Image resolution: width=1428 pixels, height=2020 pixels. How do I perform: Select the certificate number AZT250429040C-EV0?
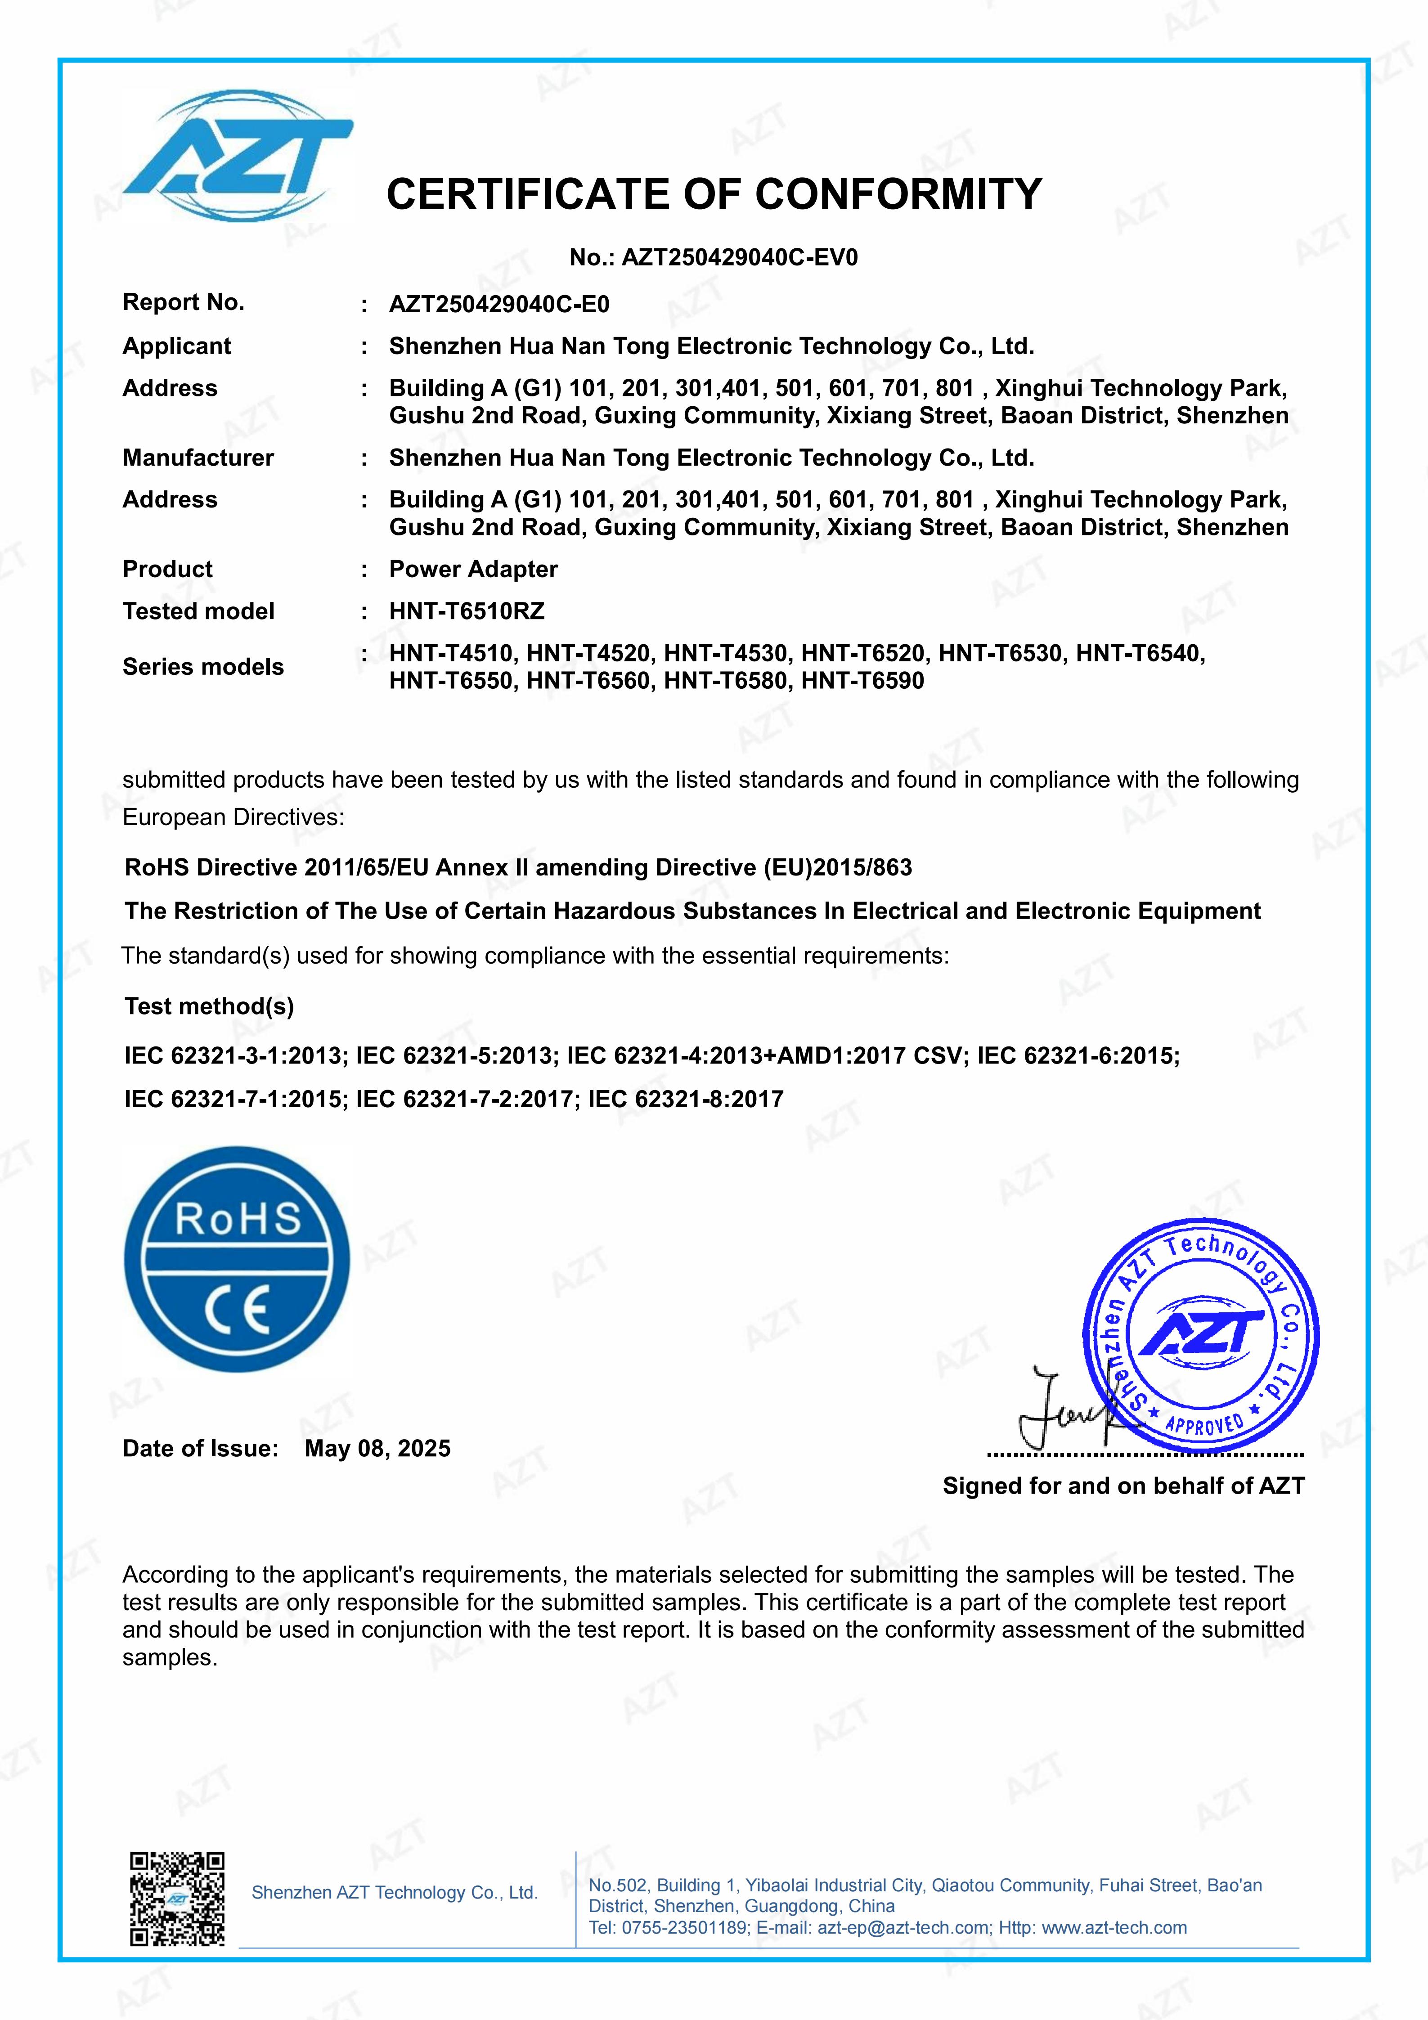pos(739,258)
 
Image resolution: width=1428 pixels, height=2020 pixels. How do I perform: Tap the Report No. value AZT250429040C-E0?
pos(499,305)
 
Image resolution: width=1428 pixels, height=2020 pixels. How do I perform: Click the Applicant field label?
pos(177,346)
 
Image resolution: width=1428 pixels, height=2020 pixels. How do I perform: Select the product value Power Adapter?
pos(473,569)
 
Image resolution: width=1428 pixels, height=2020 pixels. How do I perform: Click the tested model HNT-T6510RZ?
pos(466,611)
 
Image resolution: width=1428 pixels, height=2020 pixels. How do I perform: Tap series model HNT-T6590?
pos(862,681)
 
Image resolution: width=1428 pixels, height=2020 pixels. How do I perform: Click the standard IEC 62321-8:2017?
pos(685,1100)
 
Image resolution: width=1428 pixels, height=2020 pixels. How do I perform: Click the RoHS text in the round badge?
pos(238,1219)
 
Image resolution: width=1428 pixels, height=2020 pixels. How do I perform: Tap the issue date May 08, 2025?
pos(377,1449)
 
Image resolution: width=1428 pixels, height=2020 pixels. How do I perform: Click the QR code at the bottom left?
pos(177,1899)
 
